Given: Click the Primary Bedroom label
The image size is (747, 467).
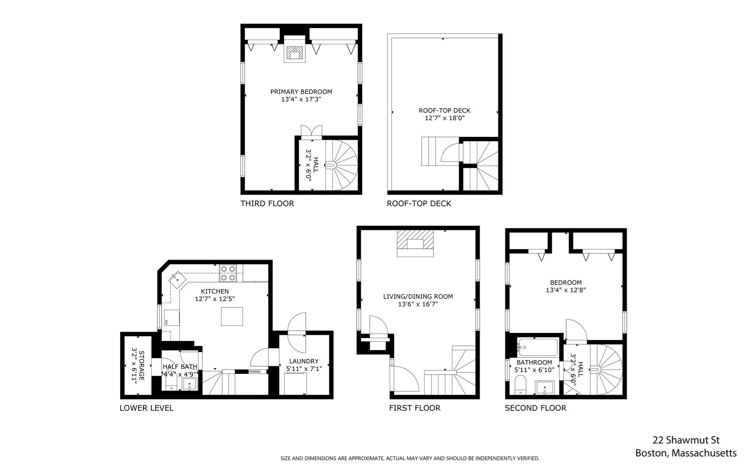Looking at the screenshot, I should point(301,92).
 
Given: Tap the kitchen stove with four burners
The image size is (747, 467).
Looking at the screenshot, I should point(228,273).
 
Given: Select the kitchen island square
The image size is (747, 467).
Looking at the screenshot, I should point(232,316).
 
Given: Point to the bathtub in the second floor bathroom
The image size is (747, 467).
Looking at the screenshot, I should point(538,347).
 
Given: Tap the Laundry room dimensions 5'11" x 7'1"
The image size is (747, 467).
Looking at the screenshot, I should point(304,369).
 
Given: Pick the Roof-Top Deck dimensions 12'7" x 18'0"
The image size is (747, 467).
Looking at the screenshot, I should point(444,118).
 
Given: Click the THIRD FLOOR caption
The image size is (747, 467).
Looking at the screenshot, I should point(267,203).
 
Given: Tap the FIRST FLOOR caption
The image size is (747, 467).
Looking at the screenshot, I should point(414,408).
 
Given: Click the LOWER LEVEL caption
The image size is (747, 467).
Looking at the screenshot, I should point(146,408).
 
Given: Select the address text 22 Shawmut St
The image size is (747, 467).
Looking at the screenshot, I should point(686,440).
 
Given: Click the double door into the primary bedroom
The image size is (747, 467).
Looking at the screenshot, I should point(311,132).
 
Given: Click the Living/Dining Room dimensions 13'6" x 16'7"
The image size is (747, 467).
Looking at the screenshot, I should point(418,304).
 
